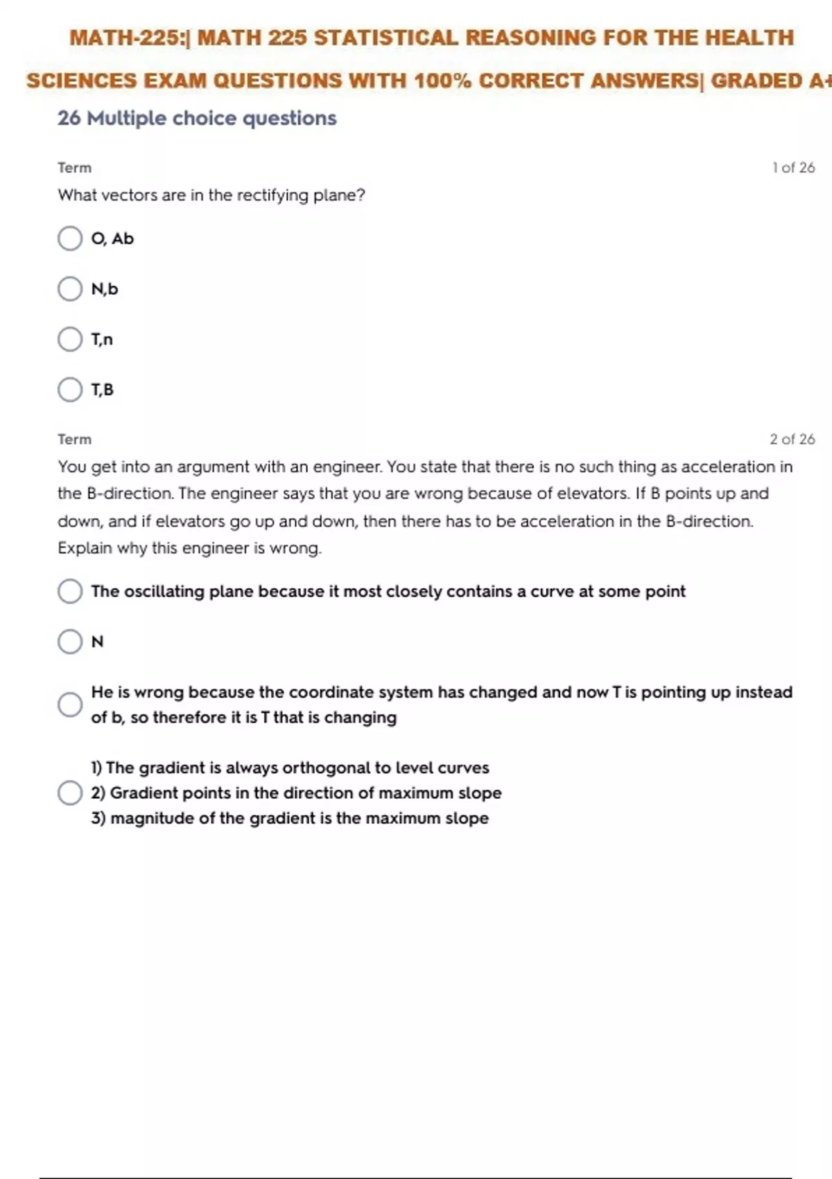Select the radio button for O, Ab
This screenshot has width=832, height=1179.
click(70, 239)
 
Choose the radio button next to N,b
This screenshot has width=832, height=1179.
click(70, 289)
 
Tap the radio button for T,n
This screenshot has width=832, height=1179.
click(70, 339)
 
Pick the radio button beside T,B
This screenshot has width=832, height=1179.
click(70, 390)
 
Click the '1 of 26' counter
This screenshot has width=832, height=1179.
click(793, 168)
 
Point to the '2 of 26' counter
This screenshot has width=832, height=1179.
click(792, 439)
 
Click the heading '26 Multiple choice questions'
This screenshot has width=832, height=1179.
click(197, 119)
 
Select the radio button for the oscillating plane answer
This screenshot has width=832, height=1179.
click(70, 592)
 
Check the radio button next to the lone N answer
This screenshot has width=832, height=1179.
click(70, 642)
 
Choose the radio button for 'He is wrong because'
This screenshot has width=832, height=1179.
click(70, 705)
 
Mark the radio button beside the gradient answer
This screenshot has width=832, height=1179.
click(70, 793)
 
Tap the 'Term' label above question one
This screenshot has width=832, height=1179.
click(74, 168)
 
